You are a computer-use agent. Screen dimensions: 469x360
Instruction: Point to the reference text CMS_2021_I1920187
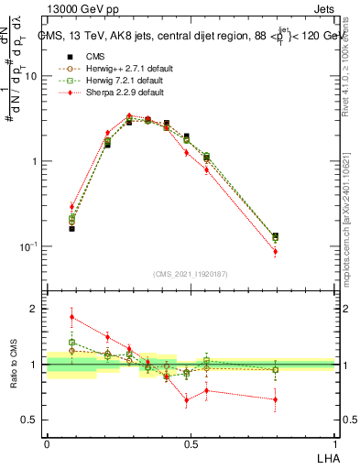point(191,274)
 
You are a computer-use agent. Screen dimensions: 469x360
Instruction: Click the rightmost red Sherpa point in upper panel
point(300,251)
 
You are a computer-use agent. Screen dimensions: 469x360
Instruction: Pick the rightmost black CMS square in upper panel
point(300,236)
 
